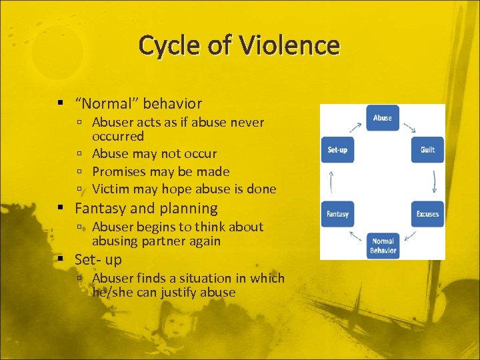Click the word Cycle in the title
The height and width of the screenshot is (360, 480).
[175, 45]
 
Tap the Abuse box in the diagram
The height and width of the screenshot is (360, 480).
[382, 118]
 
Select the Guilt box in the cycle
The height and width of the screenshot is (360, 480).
[427, 150]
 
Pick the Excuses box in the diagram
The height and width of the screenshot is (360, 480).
[427, 214]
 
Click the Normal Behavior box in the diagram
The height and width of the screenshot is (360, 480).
[383, 245]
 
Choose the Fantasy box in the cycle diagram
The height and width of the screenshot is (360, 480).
[337, 214]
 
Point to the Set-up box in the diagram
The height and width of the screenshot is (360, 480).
[337, 150]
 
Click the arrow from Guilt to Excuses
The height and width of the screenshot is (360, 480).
[434, 181]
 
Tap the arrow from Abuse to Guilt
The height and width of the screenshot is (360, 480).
[410, 127]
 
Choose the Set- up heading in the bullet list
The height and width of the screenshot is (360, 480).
[98, 259]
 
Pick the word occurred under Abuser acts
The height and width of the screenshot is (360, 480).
[118, 136]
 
